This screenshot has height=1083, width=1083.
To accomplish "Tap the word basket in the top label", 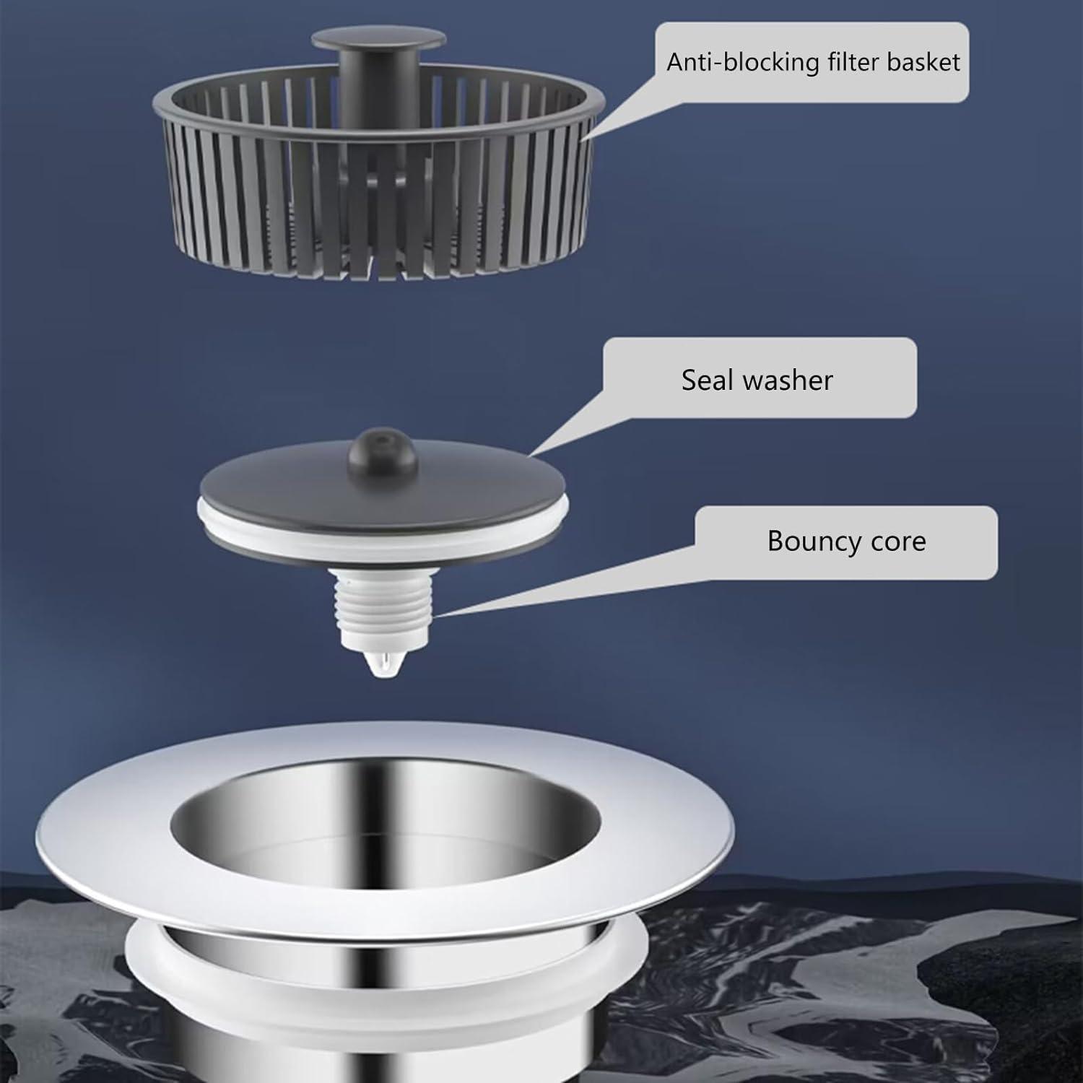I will click(x=923, y=62).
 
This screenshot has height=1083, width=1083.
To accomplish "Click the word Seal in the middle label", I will click(x=707, y=380).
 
